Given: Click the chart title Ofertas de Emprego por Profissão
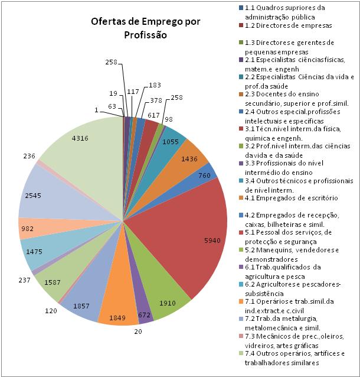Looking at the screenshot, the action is (x=145, y=28).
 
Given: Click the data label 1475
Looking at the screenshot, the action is (x=34, y=252).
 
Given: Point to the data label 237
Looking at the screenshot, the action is (x=25, y=280).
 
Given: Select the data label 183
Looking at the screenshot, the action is (x=155, y=85).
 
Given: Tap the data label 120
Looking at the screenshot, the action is (x=51, y=311).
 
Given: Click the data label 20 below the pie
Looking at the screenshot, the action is (x=138, y=331).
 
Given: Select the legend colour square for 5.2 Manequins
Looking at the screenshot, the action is (x=241, y=249).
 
